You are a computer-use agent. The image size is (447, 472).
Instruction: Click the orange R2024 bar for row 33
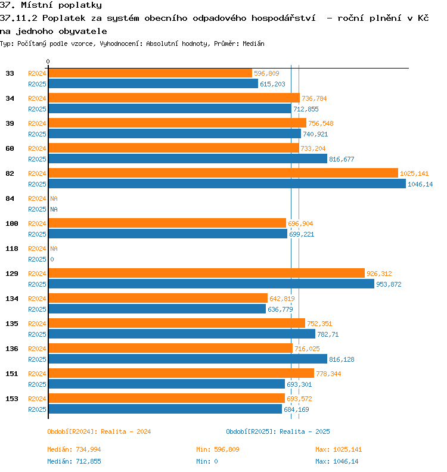coord(150,73)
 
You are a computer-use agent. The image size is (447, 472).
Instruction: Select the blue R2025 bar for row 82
coord(227,184)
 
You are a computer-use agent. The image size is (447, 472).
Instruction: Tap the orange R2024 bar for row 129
coord(206,273)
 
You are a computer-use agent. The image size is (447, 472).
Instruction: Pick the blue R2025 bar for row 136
coord(188,359)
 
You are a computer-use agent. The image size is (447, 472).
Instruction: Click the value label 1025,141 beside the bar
coord(414,173)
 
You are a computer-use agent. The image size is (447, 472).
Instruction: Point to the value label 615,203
coord(272,84)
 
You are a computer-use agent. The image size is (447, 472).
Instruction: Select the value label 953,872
coord(389,284)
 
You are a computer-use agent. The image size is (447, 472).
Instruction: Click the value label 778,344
coord(328,374)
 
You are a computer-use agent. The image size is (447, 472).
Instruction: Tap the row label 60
coord(10,148)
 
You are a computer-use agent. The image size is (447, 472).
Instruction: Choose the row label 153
coord(12,399)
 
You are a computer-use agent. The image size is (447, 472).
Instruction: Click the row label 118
coord(12,249)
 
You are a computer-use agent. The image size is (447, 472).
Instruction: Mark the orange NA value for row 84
coord(54,198)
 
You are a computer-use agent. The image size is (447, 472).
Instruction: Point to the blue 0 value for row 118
coord(52,259)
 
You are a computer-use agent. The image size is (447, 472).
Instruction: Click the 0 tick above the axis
coord(48,61)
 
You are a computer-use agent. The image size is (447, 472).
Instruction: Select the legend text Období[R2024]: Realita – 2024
coord(99,431)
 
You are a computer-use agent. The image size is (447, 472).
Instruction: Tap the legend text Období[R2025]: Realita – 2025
coord(278,431)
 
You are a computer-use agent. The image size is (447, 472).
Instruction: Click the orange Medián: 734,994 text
coord(74,449)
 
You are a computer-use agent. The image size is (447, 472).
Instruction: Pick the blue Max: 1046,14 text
coord(337,461)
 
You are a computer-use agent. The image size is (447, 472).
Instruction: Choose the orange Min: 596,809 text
coord(218,449)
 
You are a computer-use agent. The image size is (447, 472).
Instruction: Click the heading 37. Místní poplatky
coord(51,5)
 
